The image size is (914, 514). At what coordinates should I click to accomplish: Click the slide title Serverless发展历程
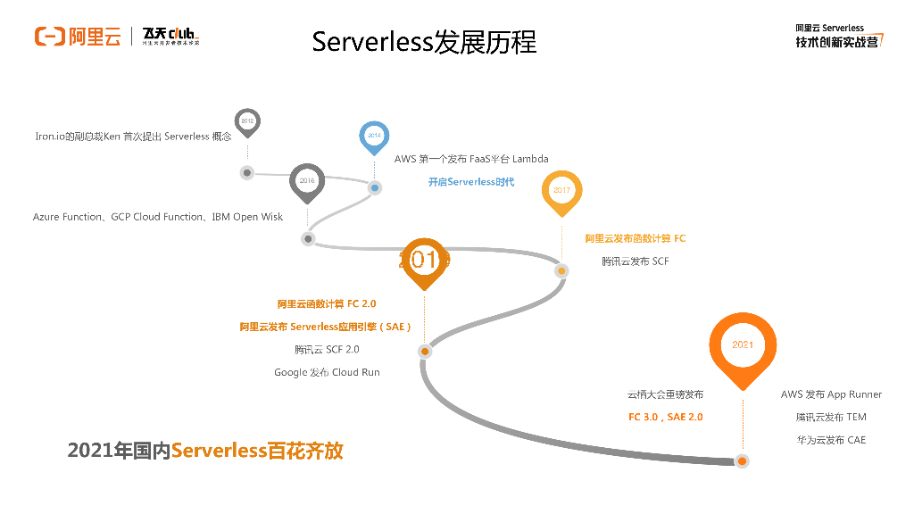pyautogui.click(x=424, y=42)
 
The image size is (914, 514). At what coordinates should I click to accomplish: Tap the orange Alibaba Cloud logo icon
pyautogui.click(x=49, y=37)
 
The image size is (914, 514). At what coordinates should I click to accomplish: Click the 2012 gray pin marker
pyautogui.click(x=247, y=121)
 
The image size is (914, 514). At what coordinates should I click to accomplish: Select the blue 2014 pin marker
pyautogui.click(x=374, y=136)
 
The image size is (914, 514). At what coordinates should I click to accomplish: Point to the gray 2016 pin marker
pyautogui.click(x=307, y=181)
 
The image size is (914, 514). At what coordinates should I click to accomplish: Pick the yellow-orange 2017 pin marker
pyautogui.click(x=561, y=191)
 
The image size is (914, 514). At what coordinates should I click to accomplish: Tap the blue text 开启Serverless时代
pyautogui.click(x=470, y=182)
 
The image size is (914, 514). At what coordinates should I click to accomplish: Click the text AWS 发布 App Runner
pyautogui.click(x=831, y=394)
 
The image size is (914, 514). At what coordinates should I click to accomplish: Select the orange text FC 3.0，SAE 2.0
pyautogui.click(x=665, y=417)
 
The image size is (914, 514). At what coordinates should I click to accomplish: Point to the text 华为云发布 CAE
pyautogui.click(x=831, y=440)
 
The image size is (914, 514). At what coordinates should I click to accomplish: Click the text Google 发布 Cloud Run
pyautogui.click(x=327, y=372)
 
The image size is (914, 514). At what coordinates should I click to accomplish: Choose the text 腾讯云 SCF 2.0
pyautogui.click(x=327, y=349)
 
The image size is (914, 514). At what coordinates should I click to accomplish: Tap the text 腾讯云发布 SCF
pyautogui.click(x=635, y=261)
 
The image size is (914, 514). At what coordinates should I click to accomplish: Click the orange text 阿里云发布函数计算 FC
pyautogui.click(x=635, y=238)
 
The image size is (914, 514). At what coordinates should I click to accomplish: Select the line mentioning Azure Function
pyautogui.click(x=158, y=217)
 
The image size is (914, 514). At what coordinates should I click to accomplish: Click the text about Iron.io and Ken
pyautogui.click(x=133, y=137)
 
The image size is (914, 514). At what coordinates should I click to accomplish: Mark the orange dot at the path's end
pyautogui.click(x=741, y=460)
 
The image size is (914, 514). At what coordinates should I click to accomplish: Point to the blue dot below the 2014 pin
pyautogui.click(x=375, y=187)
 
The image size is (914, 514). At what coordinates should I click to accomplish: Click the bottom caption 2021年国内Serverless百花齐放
pyautogui.click(x=205, y=451)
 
